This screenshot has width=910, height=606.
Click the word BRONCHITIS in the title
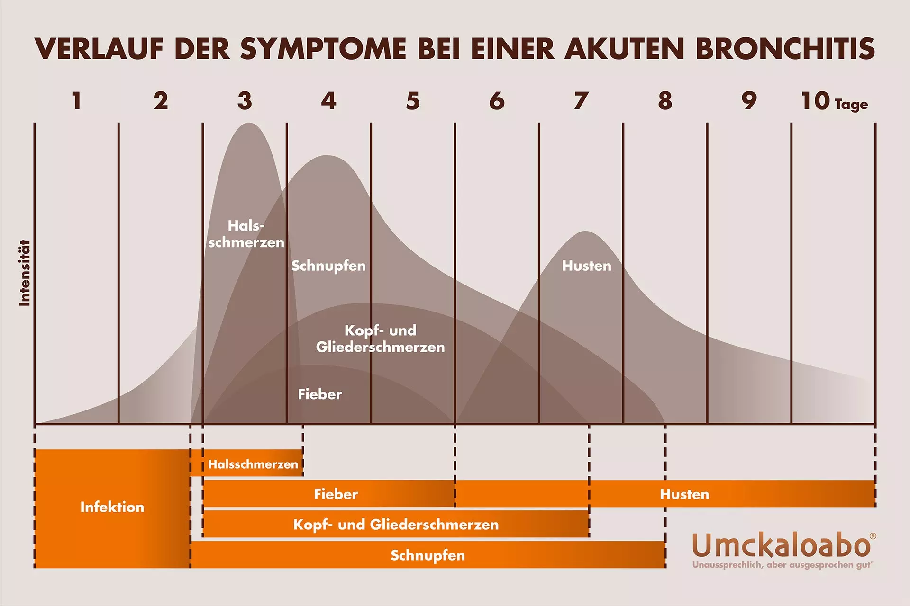(x=785, y=49)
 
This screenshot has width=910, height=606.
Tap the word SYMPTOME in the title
(x=323, y=49)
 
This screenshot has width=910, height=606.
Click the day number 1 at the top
(x=76, y=101)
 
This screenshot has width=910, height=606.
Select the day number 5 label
(x=413, y=101)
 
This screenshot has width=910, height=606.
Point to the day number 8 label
(x=665, y=101)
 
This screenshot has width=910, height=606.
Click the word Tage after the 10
(x=851, y=104)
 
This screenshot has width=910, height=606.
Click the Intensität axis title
(x=25, y=273)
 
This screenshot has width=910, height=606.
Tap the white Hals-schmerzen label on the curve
(x=246, y=234)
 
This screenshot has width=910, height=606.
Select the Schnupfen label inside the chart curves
(x=328, y=266)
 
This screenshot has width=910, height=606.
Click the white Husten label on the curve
(x=587, y=266)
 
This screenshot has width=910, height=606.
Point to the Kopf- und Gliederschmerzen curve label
(x=380, y=339)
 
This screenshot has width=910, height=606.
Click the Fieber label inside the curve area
(x=319, y=394)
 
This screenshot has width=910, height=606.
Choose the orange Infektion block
(x=112, y=508)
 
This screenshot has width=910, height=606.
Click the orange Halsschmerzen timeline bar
(x=253, y=464)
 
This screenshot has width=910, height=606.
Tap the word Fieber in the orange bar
(x=336, y=494)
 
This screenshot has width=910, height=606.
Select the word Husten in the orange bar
(x=684, y=494)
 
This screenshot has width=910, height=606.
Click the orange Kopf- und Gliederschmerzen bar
(x=396, y=525)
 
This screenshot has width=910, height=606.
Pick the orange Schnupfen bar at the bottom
(x=428, y=555)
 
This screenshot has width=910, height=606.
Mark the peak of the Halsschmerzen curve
(x=248, y=124)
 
